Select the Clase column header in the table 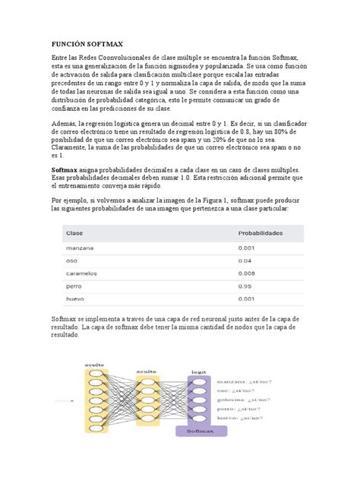(75, 233)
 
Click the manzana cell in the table (81, 248)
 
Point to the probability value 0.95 (245, 286)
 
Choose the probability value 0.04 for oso (245, 261)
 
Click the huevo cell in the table (77, 299)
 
